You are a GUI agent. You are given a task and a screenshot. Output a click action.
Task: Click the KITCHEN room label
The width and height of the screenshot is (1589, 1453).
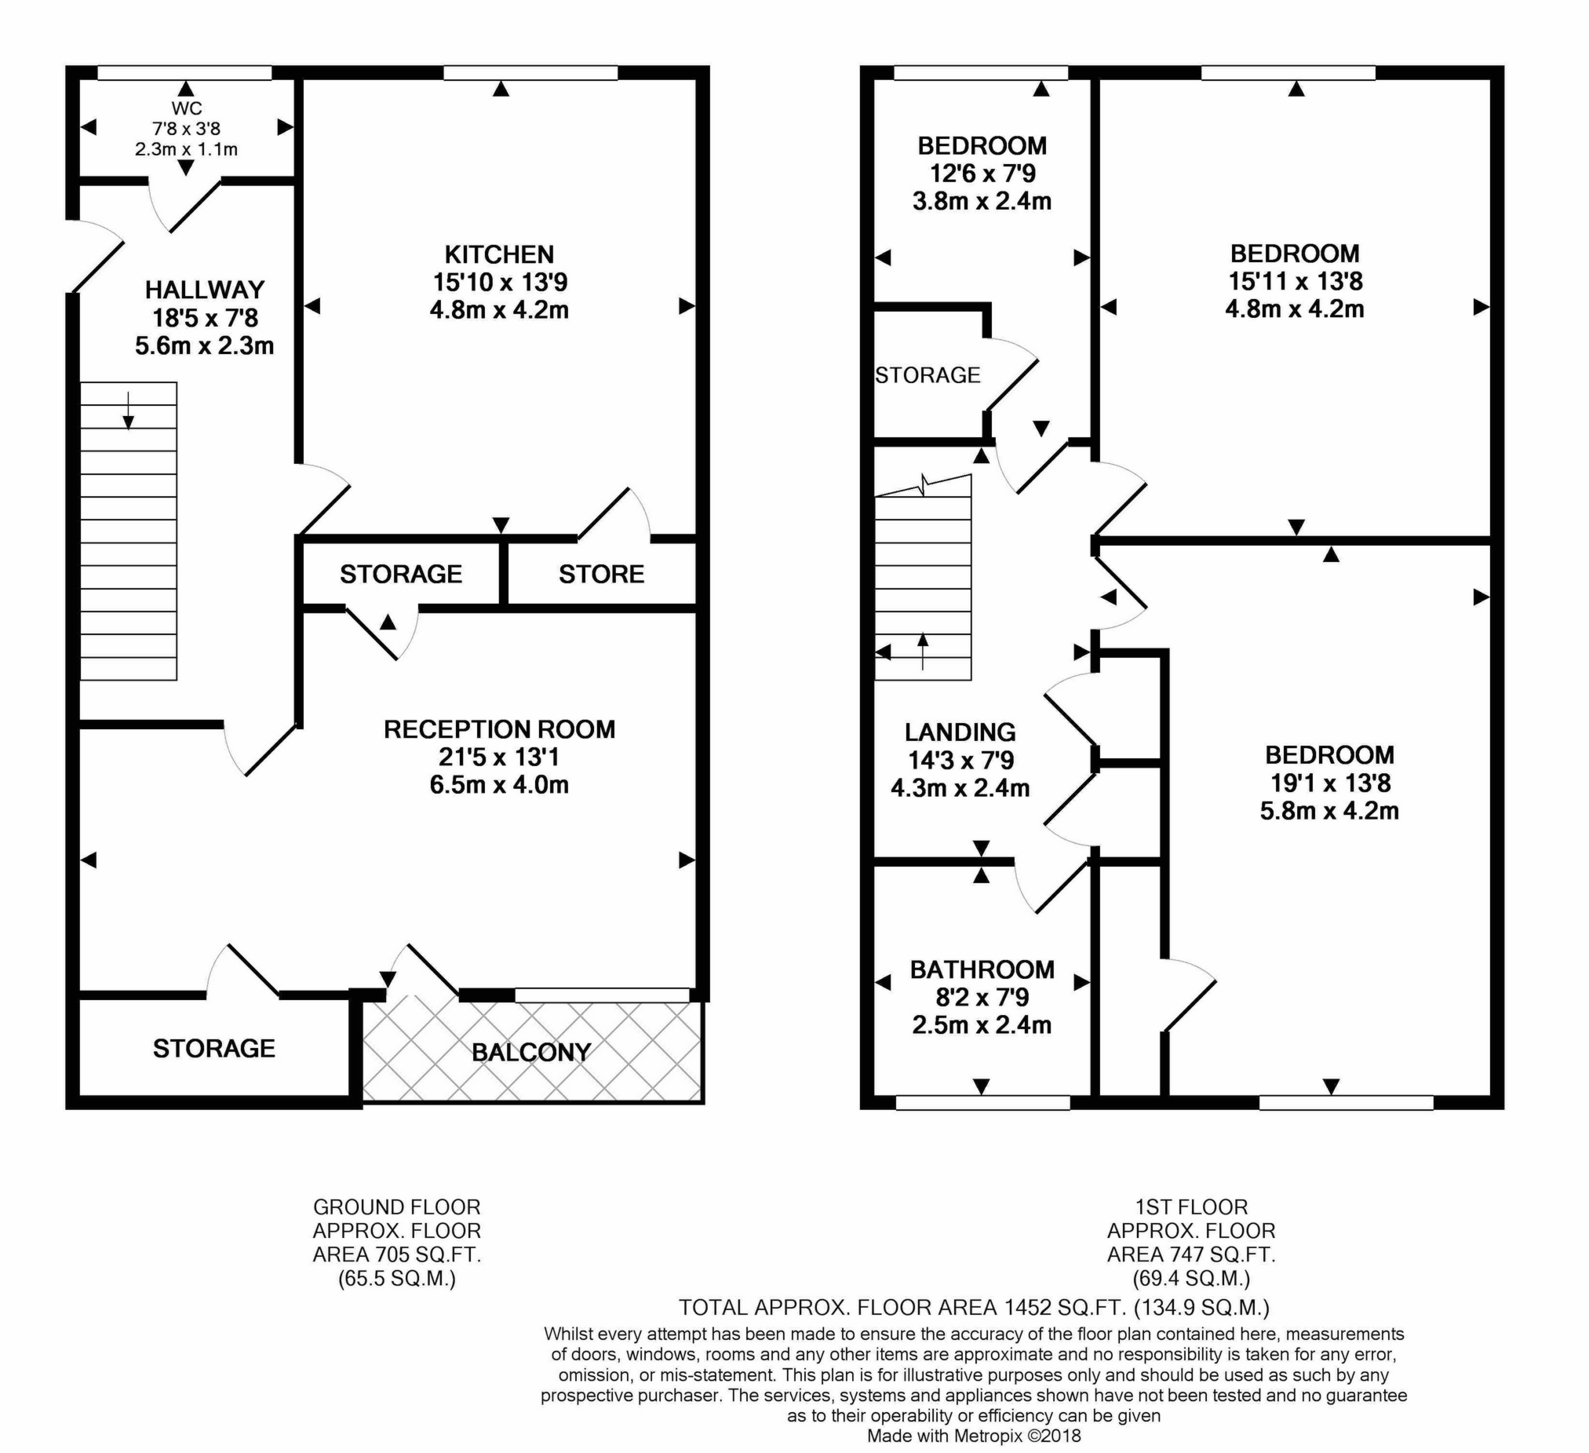pos(499,254)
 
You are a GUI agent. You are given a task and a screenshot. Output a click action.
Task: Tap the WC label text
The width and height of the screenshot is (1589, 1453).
pos(186,109)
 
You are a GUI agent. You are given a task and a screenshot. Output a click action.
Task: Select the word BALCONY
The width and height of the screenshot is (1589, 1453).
pos(531,1053)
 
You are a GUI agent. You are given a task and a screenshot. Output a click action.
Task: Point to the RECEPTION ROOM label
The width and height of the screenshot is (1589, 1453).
pos(499,729)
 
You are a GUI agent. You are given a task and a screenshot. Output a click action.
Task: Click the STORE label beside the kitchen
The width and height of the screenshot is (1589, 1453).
pos(601,574)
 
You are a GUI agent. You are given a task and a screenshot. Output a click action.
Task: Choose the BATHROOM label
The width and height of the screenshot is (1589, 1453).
pos(982,969)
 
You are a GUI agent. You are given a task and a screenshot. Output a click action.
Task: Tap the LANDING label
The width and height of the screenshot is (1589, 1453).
pos(960,732)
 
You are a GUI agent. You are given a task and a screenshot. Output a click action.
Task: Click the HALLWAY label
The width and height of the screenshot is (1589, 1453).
pos(204,290)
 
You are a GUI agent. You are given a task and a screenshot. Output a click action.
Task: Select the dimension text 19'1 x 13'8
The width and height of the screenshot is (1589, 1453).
pos(1330,783)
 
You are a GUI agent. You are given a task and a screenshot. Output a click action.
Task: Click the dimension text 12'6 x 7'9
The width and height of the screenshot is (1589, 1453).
pos(982,173)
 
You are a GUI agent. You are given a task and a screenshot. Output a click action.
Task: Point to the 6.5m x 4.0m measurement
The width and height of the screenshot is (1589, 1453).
pos(499,784)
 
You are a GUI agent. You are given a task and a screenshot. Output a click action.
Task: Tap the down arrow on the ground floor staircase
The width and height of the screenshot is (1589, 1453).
pos(128,411)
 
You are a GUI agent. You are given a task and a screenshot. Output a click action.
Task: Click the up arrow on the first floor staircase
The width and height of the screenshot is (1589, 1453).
pos(923,652)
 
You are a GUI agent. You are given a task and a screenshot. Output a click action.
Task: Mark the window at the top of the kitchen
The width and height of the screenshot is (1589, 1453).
pos(530,73)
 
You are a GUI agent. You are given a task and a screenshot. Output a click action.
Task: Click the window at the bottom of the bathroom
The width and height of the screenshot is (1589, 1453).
pos(983,1102)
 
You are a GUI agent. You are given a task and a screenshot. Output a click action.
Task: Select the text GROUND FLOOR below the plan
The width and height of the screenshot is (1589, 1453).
pos(396,1207)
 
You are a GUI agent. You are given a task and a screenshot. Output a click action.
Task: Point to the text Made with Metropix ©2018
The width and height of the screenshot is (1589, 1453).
pos(975,1436)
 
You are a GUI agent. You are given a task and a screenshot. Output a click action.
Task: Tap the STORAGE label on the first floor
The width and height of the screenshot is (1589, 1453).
pos(928,375)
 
